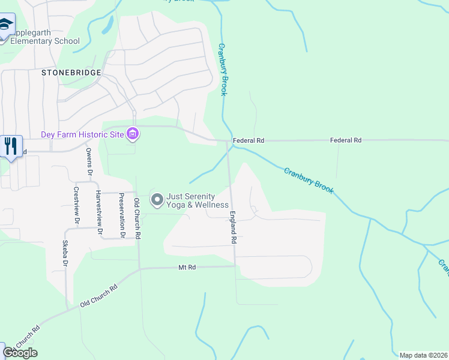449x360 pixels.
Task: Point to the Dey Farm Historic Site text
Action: pos(82,134)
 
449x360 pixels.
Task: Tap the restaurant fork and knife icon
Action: pos(11,146)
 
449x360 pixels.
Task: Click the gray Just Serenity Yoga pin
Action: pos(157,199)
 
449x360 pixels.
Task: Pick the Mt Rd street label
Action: pos(187,267)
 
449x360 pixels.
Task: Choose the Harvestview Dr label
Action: pos(98,212)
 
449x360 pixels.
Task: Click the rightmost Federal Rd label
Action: pos(346,140)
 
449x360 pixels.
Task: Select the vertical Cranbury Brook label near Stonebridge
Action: pos(223,69)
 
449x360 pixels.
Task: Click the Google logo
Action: pos(20,353)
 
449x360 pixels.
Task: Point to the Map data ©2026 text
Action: pos(423,355)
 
